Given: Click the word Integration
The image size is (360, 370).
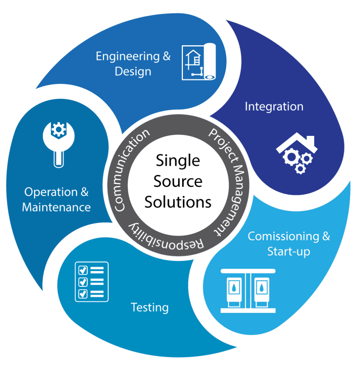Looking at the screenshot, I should (274, 107).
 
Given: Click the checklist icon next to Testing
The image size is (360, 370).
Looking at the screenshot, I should (91, 281).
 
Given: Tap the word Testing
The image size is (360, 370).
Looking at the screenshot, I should (150, 307).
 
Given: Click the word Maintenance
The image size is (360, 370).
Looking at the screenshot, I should (56, 207).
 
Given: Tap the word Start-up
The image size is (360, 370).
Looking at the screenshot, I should (288, 251).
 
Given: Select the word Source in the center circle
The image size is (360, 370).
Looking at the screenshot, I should (178, 181).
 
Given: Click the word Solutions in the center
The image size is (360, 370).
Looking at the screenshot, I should (178, 202).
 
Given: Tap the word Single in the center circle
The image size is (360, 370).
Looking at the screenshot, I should (178, 161).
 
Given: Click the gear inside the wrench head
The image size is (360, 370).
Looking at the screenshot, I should (57, 130).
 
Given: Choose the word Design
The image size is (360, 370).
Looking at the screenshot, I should (133, 71).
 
